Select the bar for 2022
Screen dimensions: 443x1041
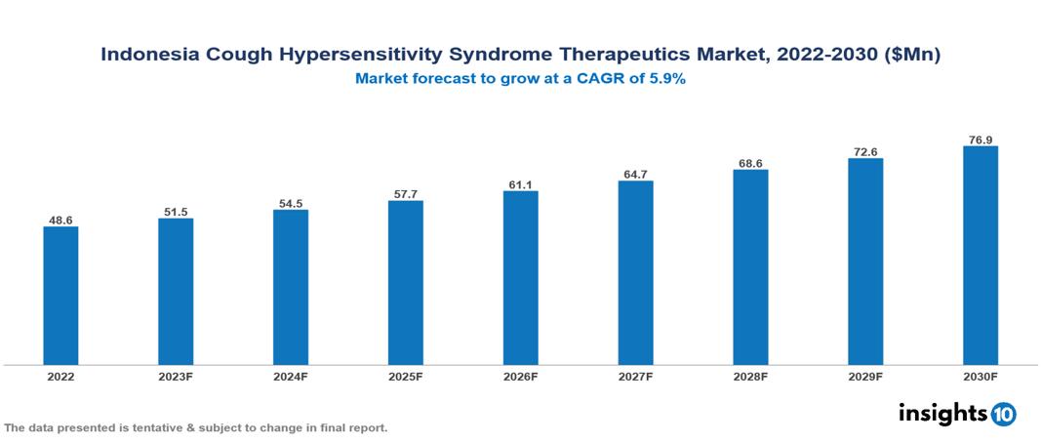[60, 296]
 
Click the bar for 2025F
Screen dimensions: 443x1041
[405, 283]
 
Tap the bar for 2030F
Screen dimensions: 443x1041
[980, 256]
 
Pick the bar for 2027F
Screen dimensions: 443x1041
[635, 273]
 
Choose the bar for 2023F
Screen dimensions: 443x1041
[176, 292]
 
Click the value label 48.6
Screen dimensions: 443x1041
[60, 221]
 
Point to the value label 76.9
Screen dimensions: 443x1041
[980, 140]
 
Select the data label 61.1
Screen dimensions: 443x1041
[520, 184]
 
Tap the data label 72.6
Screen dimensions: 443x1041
[865, 151]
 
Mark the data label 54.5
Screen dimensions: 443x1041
[291, 203]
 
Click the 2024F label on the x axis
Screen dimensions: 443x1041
[291, 376]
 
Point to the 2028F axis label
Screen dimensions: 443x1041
[750, 376]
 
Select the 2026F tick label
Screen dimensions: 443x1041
[520, 376]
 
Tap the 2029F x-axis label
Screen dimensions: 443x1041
[865, 376]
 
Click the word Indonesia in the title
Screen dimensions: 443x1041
[152, 56]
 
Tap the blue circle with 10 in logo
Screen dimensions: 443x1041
[1003, 415]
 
